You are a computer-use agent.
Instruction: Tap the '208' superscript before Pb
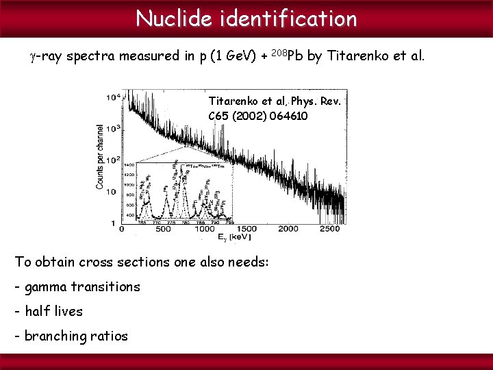[x=282, y=53]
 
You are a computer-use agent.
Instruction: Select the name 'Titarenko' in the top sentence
[x=360, y=56]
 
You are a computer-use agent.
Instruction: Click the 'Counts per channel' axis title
[x=101, y=157]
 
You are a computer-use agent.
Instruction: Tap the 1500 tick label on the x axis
[x=246, y=229]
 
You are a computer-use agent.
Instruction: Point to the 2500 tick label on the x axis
[x=330, y=229]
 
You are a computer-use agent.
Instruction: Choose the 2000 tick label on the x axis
[x=288, y=229]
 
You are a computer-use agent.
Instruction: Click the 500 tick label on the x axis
[x=163, y=229]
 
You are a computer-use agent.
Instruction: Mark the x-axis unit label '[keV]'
[x=240, y=237]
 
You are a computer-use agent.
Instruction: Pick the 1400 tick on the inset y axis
[x=129, y=165]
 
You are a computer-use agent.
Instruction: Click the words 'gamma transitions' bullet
[x=82, y=286]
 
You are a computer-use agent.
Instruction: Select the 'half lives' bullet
[x=53, y=311]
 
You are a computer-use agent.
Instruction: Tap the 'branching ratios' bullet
[x=76, y=336]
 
